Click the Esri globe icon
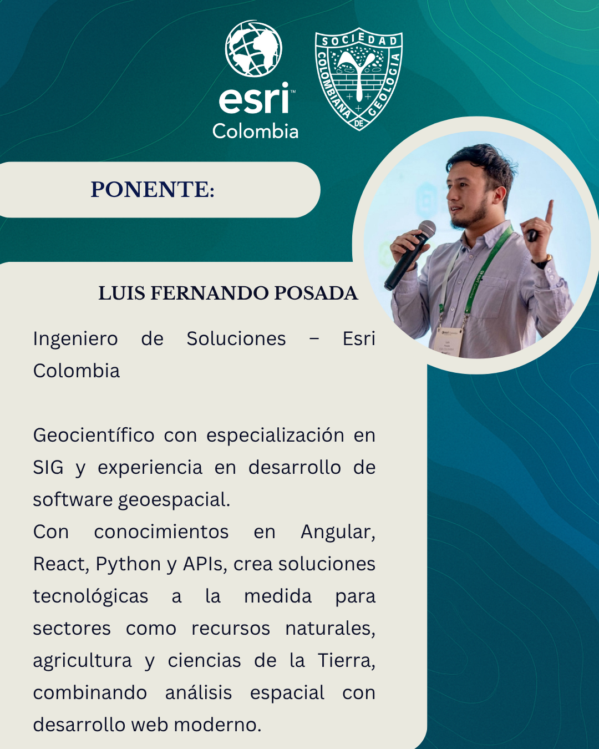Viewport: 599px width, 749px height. click(x=253, y=49)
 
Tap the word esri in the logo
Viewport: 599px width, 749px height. click(x=254, y=98)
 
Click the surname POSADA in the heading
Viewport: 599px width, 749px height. click(x=316, y=293)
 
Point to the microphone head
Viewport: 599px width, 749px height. click(x=427, y=230)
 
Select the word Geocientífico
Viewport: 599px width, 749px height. click(x=94, y=436)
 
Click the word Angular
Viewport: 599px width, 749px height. click(x=338, y=533)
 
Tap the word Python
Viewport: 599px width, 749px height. click(x=128, y=565)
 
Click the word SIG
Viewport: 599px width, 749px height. click(x=48, y=467)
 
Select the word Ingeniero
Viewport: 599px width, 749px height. click(x=75, y=339)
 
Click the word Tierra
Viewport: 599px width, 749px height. click(x=346, y=661)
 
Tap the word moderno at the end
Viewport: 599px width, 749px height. click(x=217, y=725)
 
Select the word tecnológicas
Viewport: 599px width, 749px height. click(x=90, y=597)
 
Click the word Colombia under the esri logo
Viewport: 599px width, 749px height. click(x=256, y=131)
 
